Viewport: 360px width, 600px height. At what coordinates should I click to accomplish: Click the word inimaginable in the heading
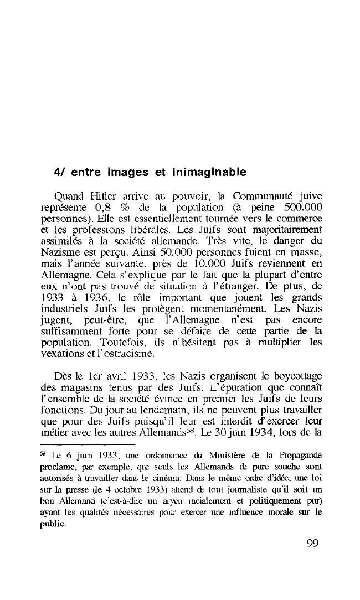pyautogui.click(x=208, y=172)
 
